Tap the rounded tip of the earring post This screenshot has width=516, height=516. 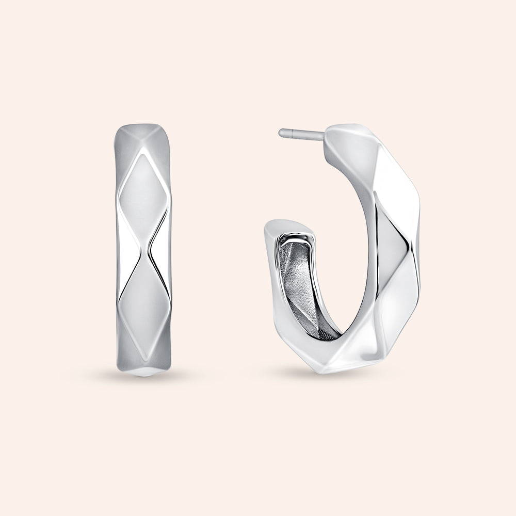[281, 133]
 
